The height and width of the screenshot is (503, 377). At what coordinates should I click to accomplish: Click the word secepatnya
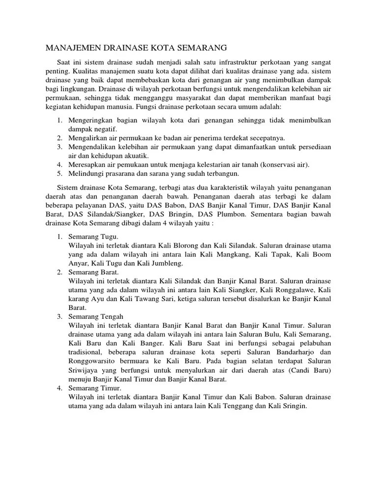coord(265,138)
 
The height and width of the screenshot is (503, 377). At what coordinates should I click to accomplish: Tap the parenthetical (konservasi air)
coord(284,165)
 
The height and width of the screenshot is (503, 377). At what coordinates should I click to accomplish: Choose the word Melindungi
coord(86,173)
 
